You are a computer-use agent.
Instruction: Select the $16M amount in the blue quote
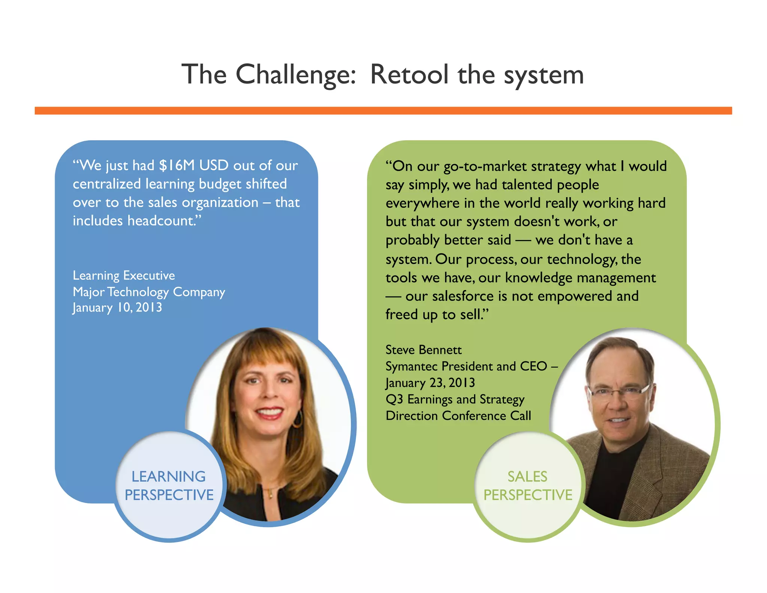[x=177, y=165]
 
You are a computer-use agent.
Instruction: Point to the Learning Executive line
[x=124, y=276]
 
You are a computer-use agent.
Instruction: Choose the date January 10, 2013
[x=117, y=308]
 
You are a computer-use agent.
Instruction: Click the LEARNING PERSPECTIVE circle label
[x=169, y=486]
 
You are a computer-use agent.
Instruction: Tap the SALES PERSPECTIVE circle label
[x=528, y=486]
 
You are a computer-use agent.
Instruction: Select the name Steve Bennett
[x=424, y=350]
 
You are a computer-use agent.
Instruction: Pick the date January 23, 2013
[x=430, y=383]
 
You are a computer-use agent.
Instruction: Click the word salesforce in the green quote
[x=463, y=296]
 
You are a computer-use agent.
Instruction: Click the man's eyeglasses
[x=618, y=392]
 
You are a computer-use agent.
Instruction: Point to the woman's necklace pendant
[x=270, y=494]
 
